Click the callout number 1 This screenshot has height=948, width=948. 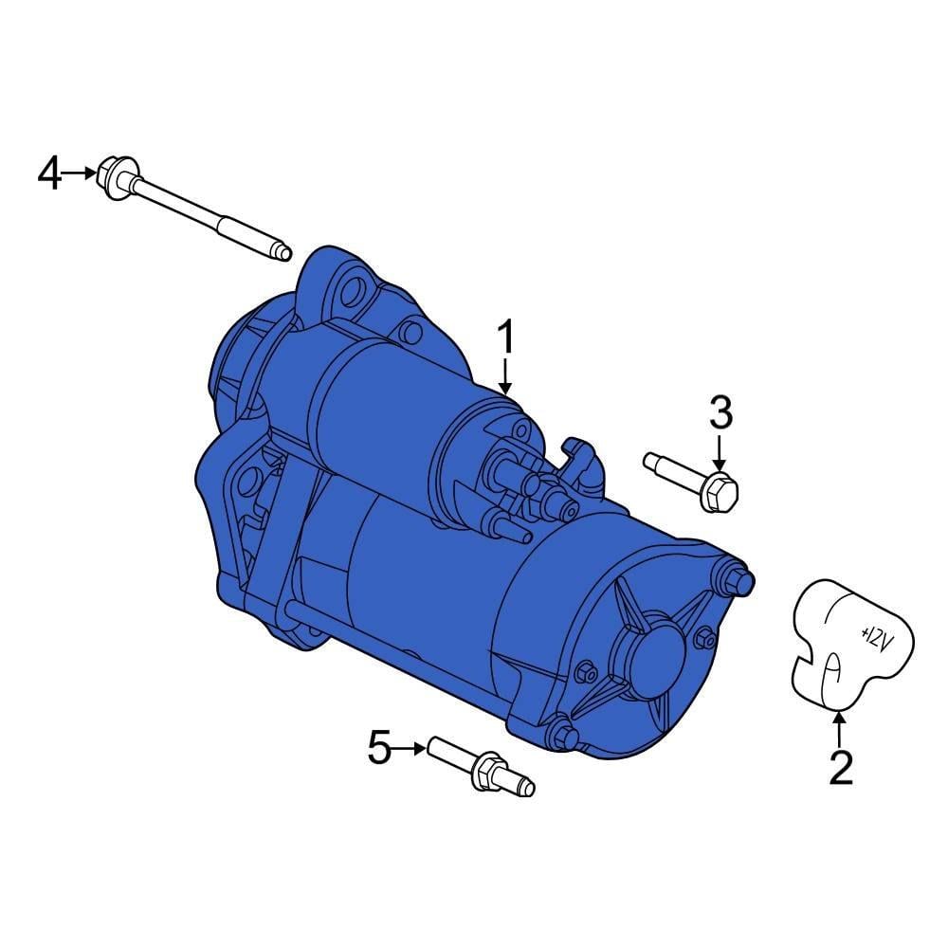click(505, 337)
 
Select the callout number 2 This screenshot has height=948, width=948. click(840, 767)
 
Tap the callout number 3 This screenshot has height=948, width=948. click(720, 412)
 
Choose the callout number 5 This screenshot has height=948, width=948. click(380, 747)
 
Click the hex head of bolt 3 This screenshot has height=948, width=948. click(720, 491)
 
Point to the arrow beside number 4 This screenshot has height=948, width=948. click(79, 173)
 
